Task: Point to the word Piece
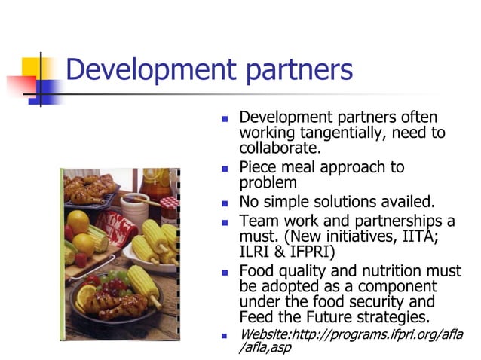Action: (259, 167)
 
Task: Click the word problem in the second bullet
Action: (268, 182)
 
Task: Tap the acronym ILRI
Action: (256, 251)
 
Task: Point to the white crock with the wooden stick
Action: (133, 206)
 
